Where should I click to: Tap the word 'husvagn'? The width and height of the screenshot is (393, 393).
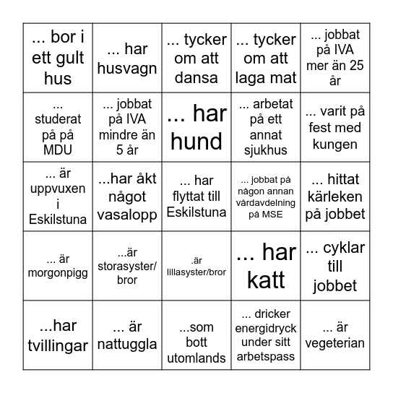(126, 67)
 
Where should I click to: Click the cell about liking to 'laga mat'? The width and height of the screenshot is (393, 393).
(266, 59)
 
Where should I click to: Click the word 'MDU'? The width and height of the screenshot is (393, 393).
(58, 151)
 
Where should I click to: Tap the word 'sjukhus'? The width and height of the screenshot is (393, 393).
(266, 151)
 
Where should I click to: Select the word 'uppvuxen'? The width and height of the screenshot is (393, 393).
(58, 188)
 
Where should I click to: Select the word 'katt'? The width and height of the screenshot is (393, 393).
(266, 280)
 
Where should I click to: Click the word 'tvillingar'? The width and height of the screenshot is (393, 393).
(58, 345)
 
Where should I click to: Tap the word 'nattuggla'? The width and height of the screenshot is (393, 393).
(126, 345)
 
